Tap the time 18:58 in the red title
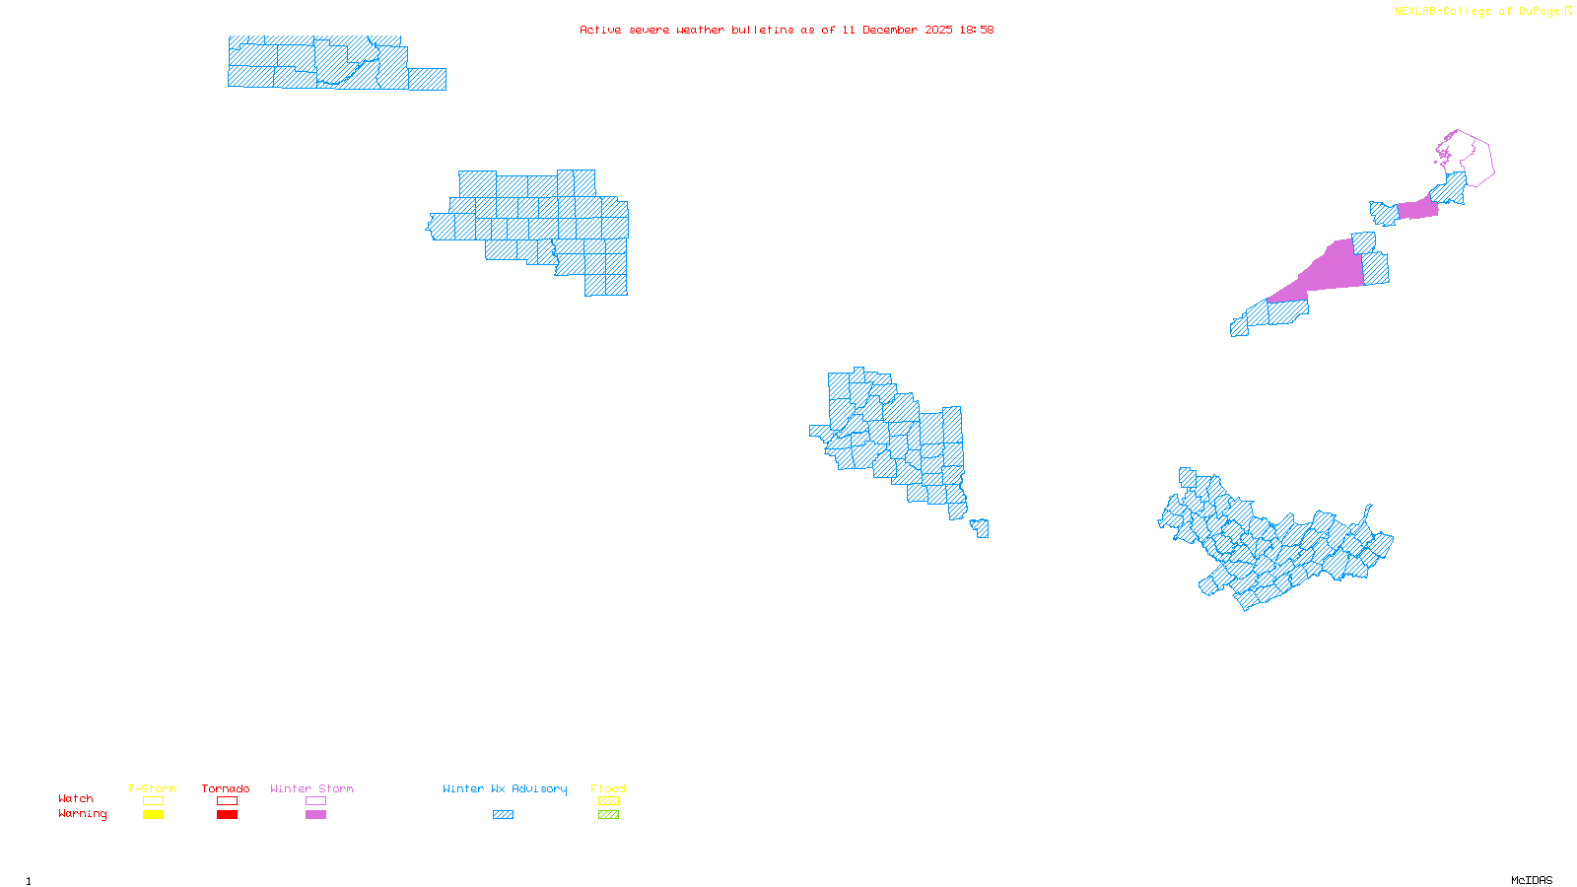976,31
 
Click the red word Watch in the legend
76,799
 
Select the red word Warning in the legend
83,814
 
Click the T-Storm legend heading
152,788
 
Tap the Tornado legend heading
226,788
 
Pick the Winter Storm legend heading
311,788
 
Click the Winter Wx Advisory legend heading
505,788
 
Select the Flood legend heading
608,788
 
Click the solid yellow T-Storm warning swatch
153,815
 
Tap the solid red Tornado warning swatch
227,815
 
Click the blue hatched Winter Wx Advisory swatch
503,815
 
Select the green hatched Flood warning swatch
609,815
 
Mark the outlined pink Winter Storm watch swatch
315,801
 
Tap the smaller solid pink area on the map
1417,209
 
